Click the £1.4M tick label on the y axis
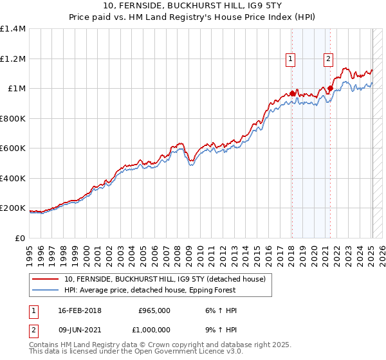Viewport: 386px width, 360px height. coord(14,29)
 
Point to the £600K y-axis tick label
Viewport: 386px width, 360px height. coord(14,148)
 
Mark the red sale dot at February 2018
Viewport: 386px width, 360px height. coord(292,94)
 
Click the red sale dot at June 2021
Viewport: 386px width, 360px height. coord(330,89)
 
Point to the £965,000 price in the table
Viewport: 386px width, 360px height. coord(154,310)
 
